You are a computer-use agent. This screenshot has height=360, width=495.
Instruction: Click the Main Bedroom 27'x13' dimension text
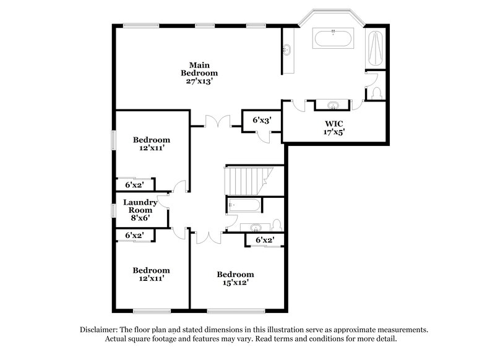(x=199, y=81)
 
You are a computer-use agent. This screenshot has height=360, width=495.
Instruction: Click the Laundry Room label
(x=140, y=206)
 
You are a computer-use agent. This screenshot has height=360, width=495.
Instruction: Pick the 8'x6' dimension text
(x=140, y=218)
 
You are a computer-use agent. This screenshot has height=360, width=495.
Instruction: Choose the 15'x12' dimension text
(x=235, y=283)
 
